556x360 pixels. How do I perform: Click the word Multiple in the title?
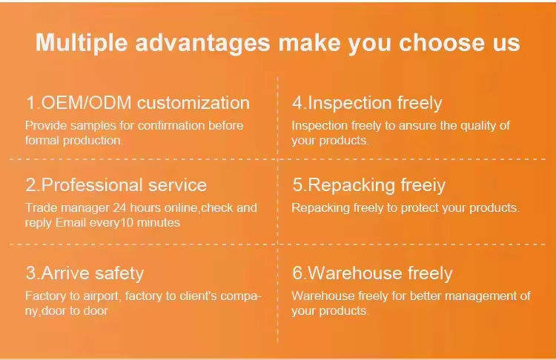82,43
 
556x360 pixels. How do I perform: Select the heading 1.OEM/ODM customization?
138,103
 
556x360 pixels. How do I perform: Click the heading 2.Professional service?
116,185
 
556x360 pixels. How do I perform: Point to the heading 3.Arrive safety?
85,273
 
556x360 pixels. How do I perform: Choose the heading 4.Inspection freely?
367,103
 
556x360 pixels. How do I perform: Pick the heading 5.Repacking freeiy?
368,185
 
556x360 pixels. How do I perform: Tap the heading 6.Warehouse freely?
372,273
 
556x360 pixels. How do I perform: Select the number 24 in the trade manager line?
120,207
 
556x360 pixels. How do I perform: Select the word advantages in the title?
203,43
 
